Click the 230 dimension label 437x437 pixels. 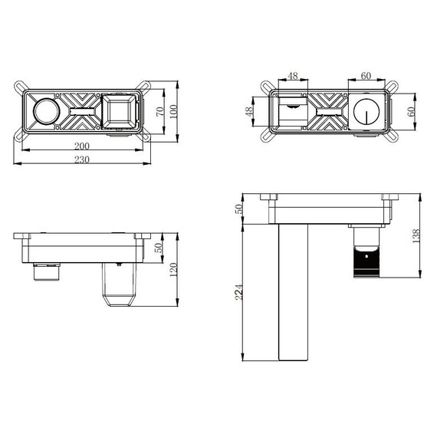click(x=81, y=159)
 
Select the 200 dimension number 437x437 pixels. click(x=81, y=146)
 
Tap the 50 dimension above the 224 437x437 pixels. click(x=238, y=209)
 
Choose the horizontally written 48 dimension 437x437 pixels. click(x=292, y=77)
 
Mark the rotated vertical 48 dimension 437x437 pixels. click(x=249, y=112)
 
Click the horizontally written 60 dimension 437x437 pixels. click(x=365, y=77)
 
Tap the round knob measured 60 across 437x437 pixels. click(x=366, y=114)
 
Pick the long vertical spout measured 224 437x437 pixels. click(x=291, y=291)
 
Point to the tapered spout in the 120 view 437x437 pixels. click(x=118, y=285)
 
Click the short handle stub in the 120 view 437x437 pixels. click(x=48, y=271)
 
